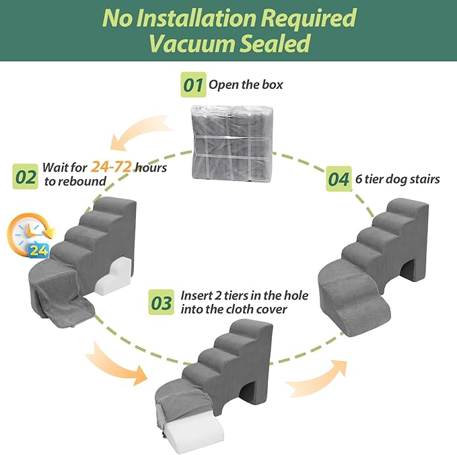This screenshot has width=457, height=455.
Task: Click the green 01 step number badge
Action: (194, 85)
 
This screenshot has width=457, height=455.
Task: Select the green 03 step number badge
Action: (162, 304)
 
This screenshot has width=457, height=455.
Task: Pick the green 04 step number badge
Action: (339, 180)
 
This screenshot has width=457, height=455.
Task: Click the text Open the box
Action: (246, 85)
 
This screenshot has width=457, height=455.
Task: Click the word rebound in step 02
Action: (85, 182)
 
